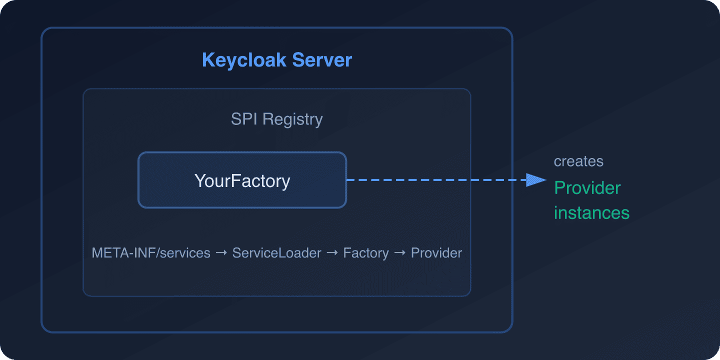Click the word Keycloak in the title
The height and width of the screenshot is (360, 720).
click(244, 60)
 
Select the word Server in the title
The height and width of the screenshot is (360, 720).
click(322, 60)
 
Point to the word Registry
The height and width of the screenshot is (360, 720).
click(292, 120)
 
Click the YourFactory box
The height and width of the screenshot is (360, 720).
click(242, 180)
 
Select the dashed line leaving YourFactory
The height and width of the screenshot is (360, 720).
click(435, 180)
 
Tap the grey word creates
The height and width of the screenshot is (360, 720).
click(578, 161)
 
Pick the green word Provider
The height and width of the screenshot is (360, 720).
click(587, 188)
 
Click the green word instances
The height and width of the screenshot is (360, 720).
click(591, 213)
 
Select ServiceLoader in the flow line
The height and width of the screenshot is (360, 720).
click(276, 253)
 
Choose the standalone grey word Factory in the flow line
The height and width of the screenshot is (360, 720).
click(365, 253)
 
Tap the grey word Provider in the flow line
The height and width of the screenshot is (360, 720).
click(436, 253)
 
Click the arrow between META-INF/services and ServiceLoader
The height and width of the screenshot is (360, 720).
click(221, 253)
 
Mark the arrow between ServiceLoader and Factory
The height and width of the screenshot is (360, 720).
click(332, 253)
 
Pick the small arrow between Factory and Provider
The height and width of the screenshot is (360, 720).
click(399, 253)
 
